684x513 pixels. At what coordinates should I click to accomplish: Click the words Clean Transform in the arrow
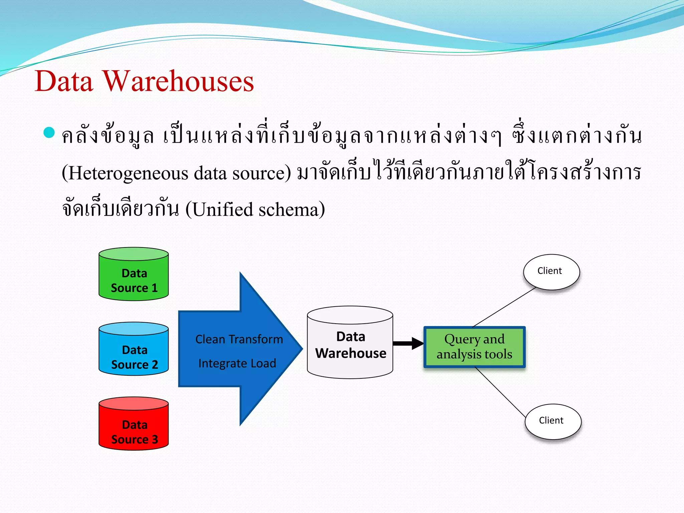coord(239,339)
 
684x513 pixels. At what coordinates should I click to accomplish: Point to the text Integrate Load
coord(237,363)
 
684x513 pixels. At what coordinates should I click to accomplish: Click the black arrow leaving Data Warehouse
coord(407,343)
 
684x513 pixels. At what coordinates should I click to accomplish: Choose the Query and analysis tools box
coord(474,347)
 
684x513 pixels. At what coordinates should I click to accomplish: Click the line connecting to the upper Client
coord(504,307)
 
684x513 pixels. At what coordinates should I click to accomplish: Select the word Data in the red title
coord(63,82)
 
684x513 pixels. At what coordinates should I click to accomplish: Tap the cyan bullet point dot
coord(49,133)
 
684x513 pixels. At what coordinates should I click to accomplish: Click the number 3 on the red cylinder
coord(154,439)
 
